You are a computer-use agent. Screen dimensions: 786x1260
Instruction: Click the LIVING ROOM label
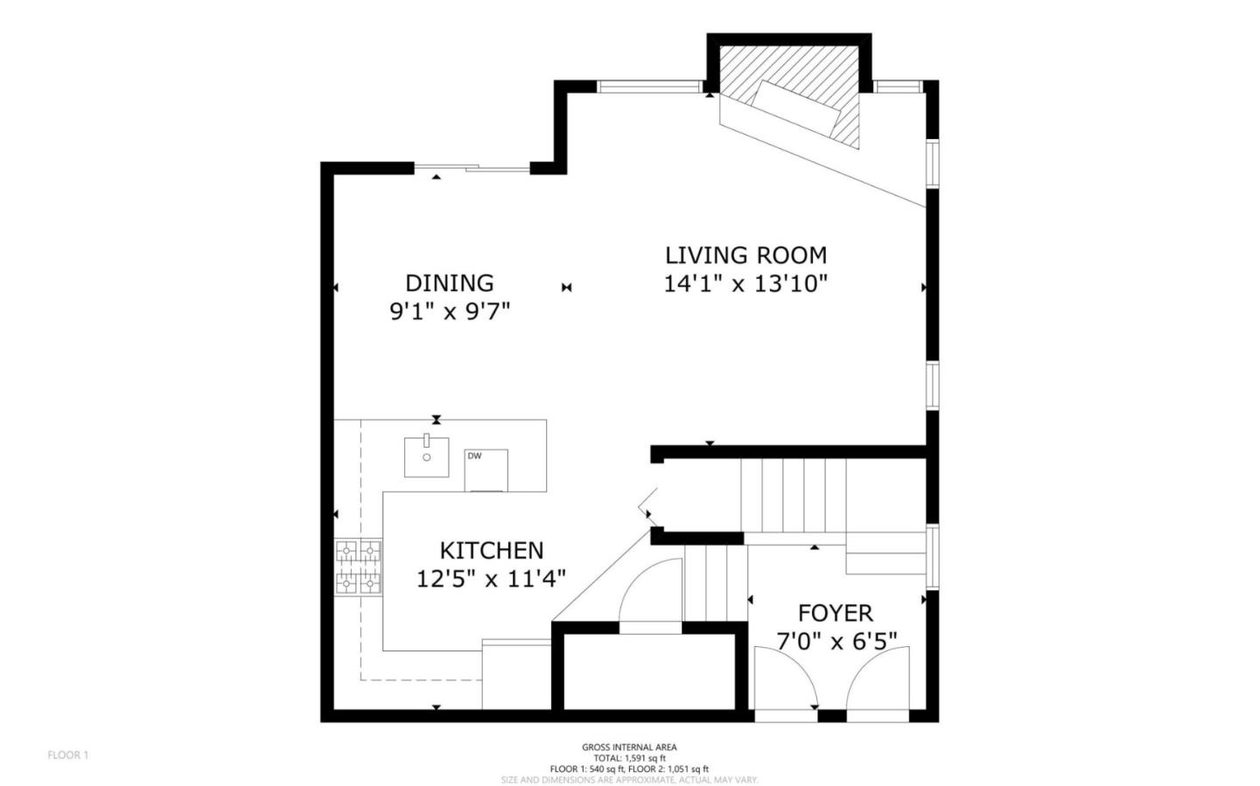745,255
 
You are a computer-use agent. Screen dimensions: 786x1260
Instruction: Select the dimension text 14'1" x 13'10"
745,284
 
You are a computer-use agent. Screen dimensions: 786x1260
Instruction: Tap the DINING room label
449,283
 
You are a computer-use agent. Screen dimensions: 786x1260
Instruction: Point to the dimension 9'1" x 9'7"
449,311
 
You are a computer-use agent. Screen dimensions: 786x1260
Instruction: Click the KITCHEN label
491,551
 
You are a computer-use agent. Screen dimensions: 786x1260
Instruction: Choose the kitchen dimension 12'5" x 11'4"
491,579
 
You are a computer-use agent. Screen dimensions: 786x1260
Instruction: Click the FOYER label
835,613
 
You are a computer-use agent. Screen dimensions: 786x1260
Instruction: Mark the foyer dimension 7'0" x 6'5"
836,642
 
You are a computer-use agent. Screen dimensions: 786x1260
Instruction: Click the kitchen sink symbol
426,456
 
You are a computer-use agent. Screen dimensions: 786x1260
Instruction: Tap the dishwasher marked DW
486,470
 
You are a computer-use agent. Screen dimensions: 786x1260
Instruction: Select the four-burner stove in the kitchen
359,566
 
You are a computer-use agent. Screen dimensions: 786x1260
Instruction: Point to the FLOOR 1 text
68,755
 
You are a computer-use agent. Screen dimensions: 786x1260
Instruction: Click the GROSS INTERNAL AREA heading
629,748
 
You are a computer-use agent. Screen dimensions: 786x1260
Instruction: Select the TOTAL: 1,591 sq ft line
629,758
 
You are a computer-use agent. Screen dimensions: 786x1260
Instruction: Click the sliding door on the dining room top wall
472,168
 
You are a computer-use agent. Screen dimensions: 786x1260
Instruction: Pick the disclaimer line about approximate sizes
629,779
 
